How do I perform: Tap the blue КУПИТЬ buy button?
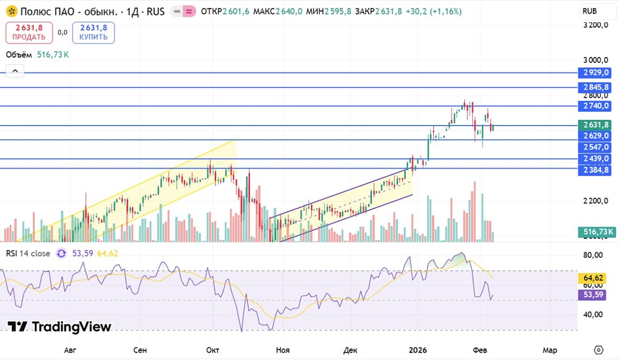tap(93, 32)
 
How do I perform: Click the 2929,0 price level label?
tap(597, 73)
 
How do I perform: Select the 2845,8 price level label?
tap(597, 88)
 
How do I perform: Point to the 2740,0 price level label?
tap(597, 106)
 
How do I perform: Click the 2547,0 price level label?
tap(597, 147)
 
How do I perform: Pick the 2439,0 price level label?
tap(597, 159)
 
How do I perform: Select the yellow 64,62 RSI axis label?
tap(597, 278)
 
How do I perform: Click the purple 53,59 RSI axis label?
tap(597, 295)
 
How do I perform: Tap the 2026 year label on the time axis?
tap(418, 350)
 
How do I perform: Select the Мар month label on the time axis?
tap(550, 350)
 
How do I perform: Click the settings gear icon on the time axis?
tap(598, 350)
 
